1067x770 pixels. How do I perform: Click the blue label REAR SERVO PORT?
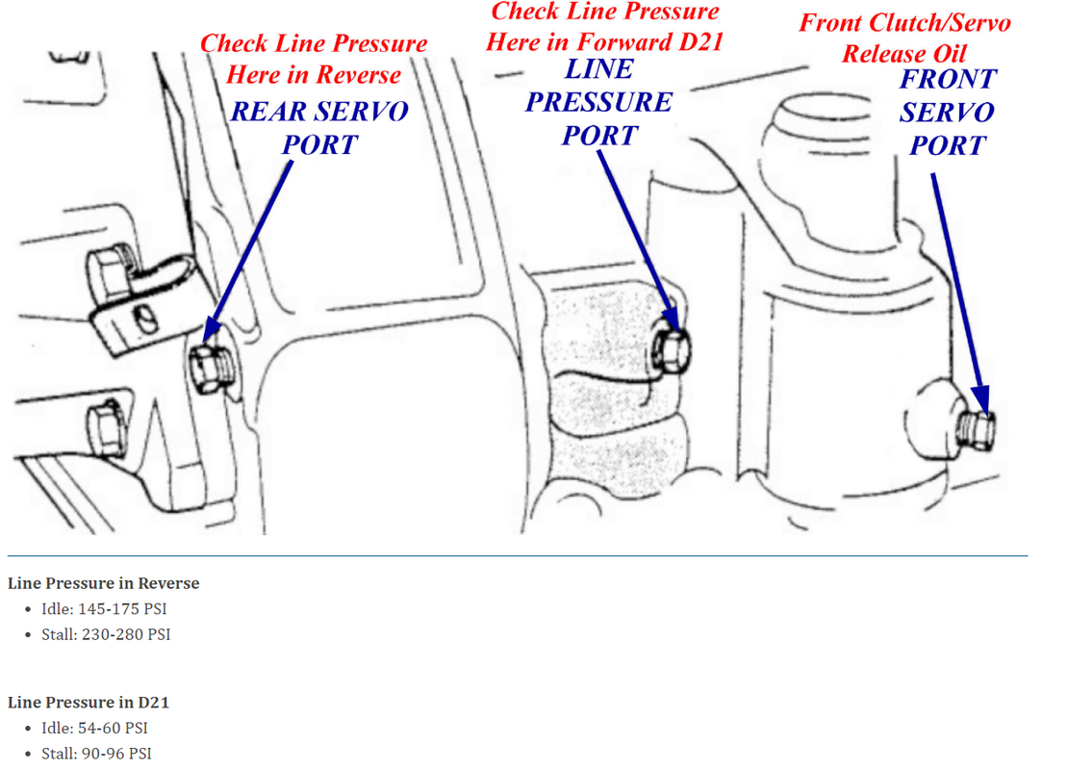click(319, 128)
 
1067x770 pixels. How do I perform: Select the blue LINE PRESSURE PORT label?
click(598, 102)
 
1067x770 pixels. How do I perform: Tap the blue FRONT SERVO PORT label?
click(948, 113)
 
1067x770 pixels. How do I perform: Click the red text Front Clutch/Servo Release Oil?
click(904, 38)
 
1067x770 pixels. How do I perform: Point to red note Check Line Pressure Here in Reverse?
click(314, 60)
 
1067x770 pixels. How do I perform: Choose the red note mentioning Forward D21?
click(604, 27)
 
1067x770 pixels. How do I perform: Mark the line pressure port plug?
click(671, 350)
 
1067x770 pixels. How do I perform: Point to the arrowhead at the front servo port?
click(981, 400)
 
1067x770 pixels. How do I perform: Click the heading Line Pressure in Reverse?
click(104, 583)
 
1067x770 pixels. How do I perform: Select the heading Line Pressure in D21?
click(89, 702)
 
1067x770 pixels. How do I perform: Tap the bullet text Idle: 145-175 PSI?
click(104, 608)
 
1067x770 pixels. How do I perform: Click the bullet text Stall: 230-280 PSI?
click(106, 634)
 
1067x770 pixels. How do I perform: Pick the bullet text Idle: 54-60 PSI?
click(94, 728)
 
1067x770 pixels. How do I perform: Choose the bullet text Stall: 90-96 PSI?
click(96, 754)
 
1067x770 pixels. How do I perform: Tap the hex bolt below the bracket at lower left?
click(107, 427)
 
